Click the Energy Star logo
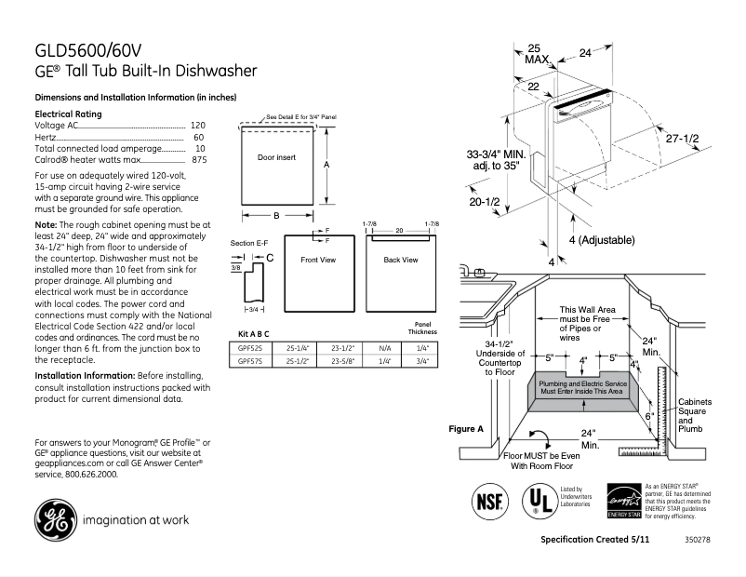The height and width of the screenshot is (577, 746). (x=620, y=501)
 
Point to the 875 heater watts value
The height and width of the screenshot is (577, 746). (x=198, y=160)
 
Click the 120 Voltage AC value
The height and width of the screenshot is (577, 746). (x=198, y=125)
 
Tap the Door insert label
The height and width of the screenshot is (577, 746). (x=276, y=158)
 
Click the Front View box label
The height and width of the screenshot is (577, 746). (x=317, y=260)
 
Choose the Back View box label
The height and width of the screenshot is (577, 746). (x=400, y=260)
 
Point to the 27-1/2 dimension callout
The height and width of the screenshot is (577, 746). (x=682, y=138)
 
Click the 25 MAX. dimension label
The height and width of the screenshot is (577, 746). (x=536, y=53)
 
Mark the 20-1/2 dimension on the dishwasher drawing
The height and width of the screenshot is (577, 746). (x=485, y=202)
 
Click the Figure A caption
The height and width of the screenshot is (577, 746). (x=466, y=429)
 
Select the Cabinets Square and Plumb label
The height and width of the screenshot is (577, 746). (x=694, y=415)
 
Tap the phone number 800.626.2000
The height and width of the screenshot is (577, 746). (x=90, y=474)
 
